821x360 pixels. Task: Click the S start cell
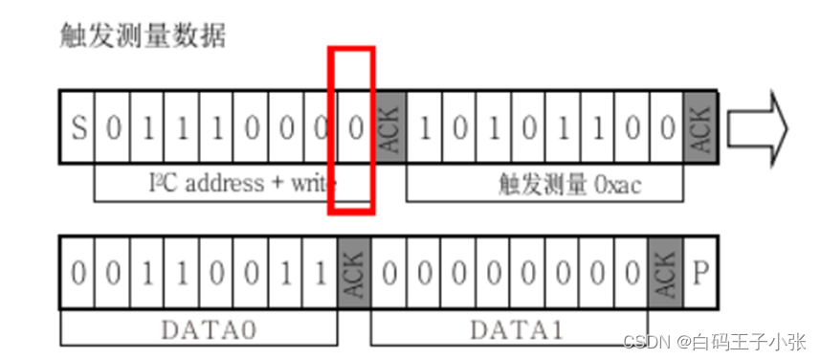[78, 127]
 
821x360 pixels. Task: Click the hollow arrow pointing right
[756, 127]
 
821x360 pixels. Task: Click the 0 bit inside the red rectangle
[355, 127]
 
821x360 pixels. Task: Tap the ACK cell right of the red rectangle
[389, 127]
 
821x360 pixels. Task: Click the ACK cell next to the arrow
[700, 127]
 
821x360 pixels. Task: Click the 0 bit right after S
[112, 127]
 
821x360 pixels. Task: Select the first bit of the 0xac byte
[425, 127]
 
